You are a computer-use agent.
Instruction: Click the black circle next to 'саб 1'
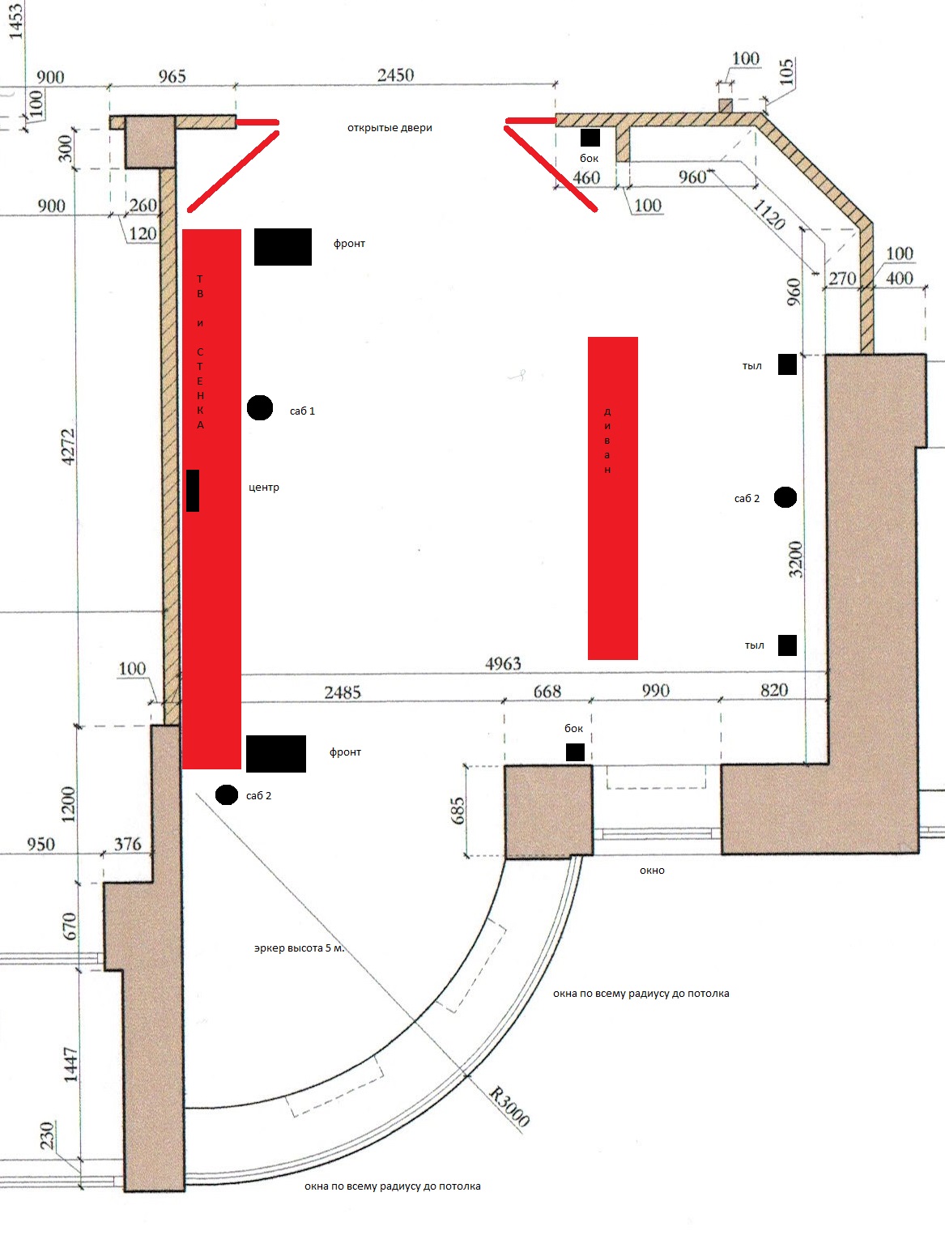point(260,407)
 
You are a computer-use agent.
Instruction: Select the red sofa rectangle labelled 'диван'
point(612,498)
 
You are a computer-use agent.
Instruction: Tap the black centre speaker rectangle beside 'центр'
point(193,491)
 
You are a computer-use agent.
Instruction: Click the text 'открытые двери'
point(389,128)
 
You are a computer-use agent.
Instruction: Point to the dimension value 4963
point(503,664)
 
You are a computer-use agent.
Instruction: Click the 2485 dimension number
point(343,692)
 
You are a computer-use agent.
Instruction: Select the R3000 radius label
point(509,1107)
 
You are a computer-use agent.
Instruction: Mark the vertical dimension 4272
point(68,447)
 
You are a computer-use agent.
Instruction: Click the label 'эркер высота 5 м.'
point(299,948)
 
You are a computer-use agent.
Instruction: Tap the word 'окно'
point(652,871)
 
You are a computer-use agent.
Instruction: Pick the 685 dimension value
point(458,811)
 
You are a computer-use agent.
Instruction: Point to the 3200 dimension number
point(795,560)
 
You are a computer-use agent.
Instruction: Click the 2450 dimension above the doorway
point(395,75)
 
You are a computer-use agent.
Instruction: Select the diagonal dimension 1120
point(769,215)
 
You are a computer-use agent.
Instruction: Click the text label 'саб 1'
point(302,411)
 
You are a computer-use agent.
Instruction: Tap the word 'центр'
point(264,488)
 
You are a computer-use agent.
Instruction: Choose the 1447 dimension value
point(70,1064)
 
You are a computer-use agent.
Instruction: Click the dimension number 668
point(547,691)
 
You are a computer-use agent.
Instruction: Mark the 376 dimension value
point(128,844)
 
